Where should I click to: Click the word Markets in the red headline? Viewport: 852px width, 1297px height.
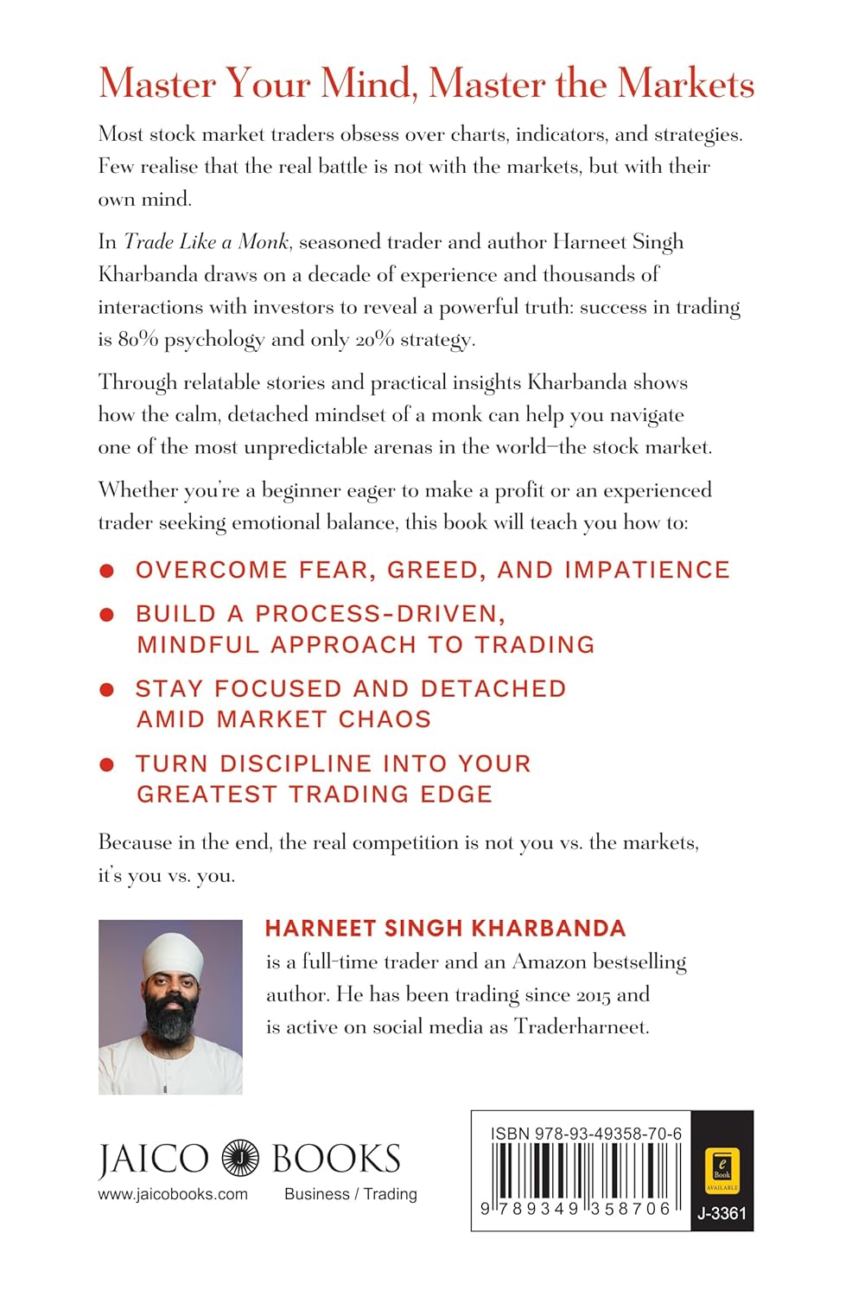685,84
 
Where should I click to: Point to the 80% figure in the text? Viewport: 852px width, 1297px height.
137,340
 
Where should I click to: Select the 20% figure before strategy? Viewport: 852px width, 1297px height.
373,340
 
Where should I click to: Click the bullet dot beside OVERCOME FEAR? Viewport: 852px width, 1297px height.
107,571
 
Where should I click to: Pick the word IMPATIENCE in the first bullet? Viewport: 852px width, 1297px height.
647,570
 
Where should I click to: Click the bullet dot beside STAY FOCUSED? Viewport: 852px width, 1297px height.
107,689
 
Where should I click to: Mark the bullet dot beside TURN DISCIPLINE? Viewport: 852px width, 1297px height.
107,764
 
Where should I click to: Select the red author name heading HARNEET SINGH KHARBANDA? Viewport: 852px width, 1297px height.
445,929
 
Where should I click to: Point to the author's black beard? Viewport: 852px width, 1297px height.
172,1017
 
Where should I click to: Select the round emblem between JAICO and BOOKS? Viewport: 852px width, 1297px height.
240,1159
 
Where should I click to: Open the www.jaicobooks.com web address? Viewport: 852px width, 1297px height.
173,1194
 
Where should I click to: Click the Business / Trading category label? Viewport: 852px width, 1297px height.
350,1194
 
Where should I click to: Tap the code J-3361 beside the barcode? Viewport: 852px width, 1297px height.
722,1213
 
